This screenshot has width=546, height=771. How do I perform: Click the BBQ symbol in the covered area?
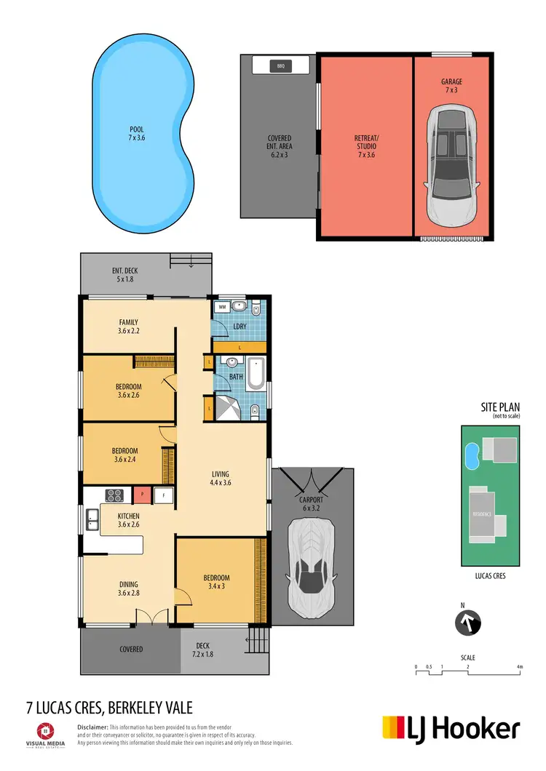tap(280, 66)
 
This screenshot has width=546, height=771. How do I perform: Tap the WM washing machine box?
tap(222, 308)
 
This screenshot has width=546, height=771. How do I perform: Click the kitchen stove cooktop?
tap(115, 495)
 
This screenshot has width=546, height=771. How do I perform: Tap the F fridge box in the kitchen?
tap(165, 495)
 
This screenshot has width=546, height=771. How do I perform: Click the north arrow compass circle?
tap(468, 623)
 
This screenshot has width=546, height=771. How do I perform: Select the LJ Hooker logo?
tap(451, 728)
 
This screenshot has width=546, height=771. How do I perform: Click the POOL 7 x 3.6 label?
tap(137, 133)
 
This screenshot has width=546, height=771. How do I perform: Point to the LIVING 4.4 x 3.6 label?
tap(221, 478)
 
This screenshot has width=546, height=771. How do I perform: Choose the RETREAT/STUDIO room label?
tap(366, 142)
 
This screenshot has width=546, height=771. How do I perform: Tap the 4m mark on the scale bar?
tap(519, 666)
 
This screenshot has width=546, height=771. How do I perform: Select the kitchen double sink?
tap(92, 519)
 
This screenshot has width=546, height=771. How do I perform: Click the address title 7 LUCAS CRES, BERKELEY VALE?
tap(108, 708)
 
